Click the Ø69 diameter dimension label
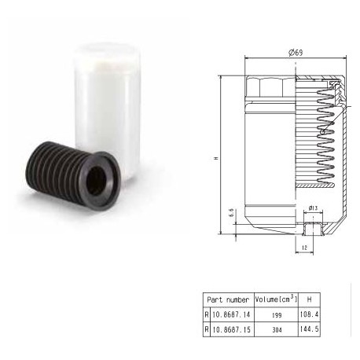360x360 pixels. (296, 53)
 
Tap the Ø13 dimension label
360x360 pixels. (313, 208)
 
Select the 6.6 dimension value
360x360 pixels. (231, 213)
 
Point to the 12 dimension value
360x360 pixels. (304, 248)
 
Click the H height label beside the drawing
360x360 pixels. (216, 158)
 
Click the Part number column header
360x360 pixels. (228, 299)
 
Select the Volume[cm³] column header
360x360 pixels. (277, 299)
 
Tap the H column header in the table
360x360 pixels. (310, 299)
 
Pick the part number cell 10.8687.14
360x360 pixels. (231, 314)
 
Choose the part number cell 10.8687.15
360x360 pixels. (231, 329)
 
